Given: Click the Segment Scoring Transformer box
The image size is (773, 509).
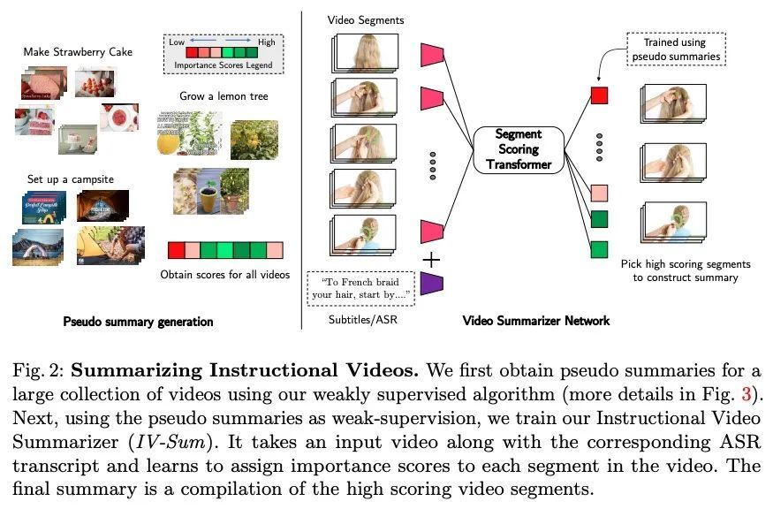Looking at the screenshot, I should (x=518, y=149).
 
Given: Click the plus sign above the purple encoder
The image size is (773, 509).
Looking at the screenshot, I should (x=431, y=259).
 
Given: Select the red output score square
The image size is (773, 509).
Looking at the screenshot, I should (x=600, y=95).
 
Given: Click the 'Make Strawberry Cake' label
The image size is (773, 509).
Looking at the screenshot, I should (x=78, y=52).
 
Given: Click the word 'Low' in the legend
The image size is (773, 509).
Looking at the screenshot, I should (x=178, y=42).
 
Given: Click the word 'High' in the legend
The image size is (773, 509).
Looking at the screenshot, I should (x=266, y=42).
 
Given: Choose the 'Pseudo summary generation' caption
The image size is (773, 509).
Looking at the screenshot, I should (x=137, y=322).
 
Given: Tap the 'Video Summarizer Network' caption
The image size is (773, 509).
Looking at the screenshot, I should (x=536, y=321).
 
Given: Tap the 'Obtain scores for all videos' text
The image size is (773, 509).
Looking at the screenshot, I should (x=224, y=275).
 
